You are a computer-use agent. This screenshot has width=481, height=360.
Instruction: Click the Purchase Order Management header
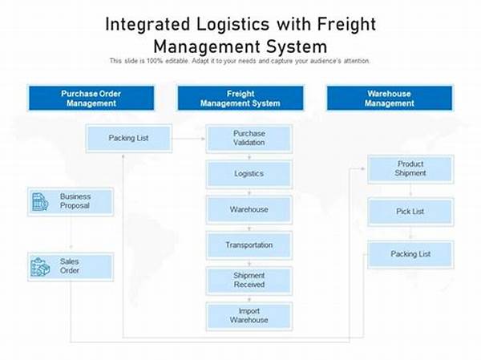[x=90, y=98]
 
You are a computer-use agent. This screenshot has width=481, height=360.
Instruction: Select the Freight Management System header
[x=240, y=98]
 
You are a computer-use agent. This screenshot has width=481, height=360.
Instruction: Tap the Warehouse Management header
[x=390, y=98]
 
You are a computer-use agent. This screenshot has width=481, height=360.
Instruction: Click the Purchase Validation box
[x=249, y=138]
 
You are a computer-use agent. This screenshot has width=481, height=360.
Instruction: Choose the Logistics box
[x=249, y=173]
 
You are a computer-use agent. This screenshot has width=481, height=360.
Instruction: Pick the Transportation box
[x=249, y=245]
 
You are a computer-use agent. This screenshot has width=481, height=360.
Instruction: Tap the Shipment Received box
[x=249, y=281]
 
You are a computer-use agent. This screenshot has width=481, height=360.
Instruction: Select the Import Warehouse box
[x=249, y=316]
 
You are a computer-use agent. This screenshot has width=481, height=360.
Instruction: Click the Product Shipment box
[x=410, y=168]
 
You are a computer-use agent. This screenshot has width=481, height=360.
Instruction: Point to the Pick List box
[x=410, y=212]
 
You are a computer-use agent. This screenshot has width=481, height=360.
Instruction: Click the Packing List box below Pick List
[x=410, y=254]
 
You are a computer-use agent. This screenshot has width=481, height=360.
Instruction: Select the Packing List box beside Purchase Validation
[x=128, y=138]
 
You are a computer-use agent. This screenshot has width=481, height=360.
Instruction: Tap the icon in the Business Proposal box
[x=39, y=201]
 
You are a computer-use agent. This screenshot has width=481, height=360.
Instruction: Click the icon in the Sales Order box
[x=39, y=266]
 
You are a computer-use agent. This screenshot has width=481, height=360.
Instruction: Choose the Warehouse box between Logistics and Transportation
[x=249, y=209]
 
